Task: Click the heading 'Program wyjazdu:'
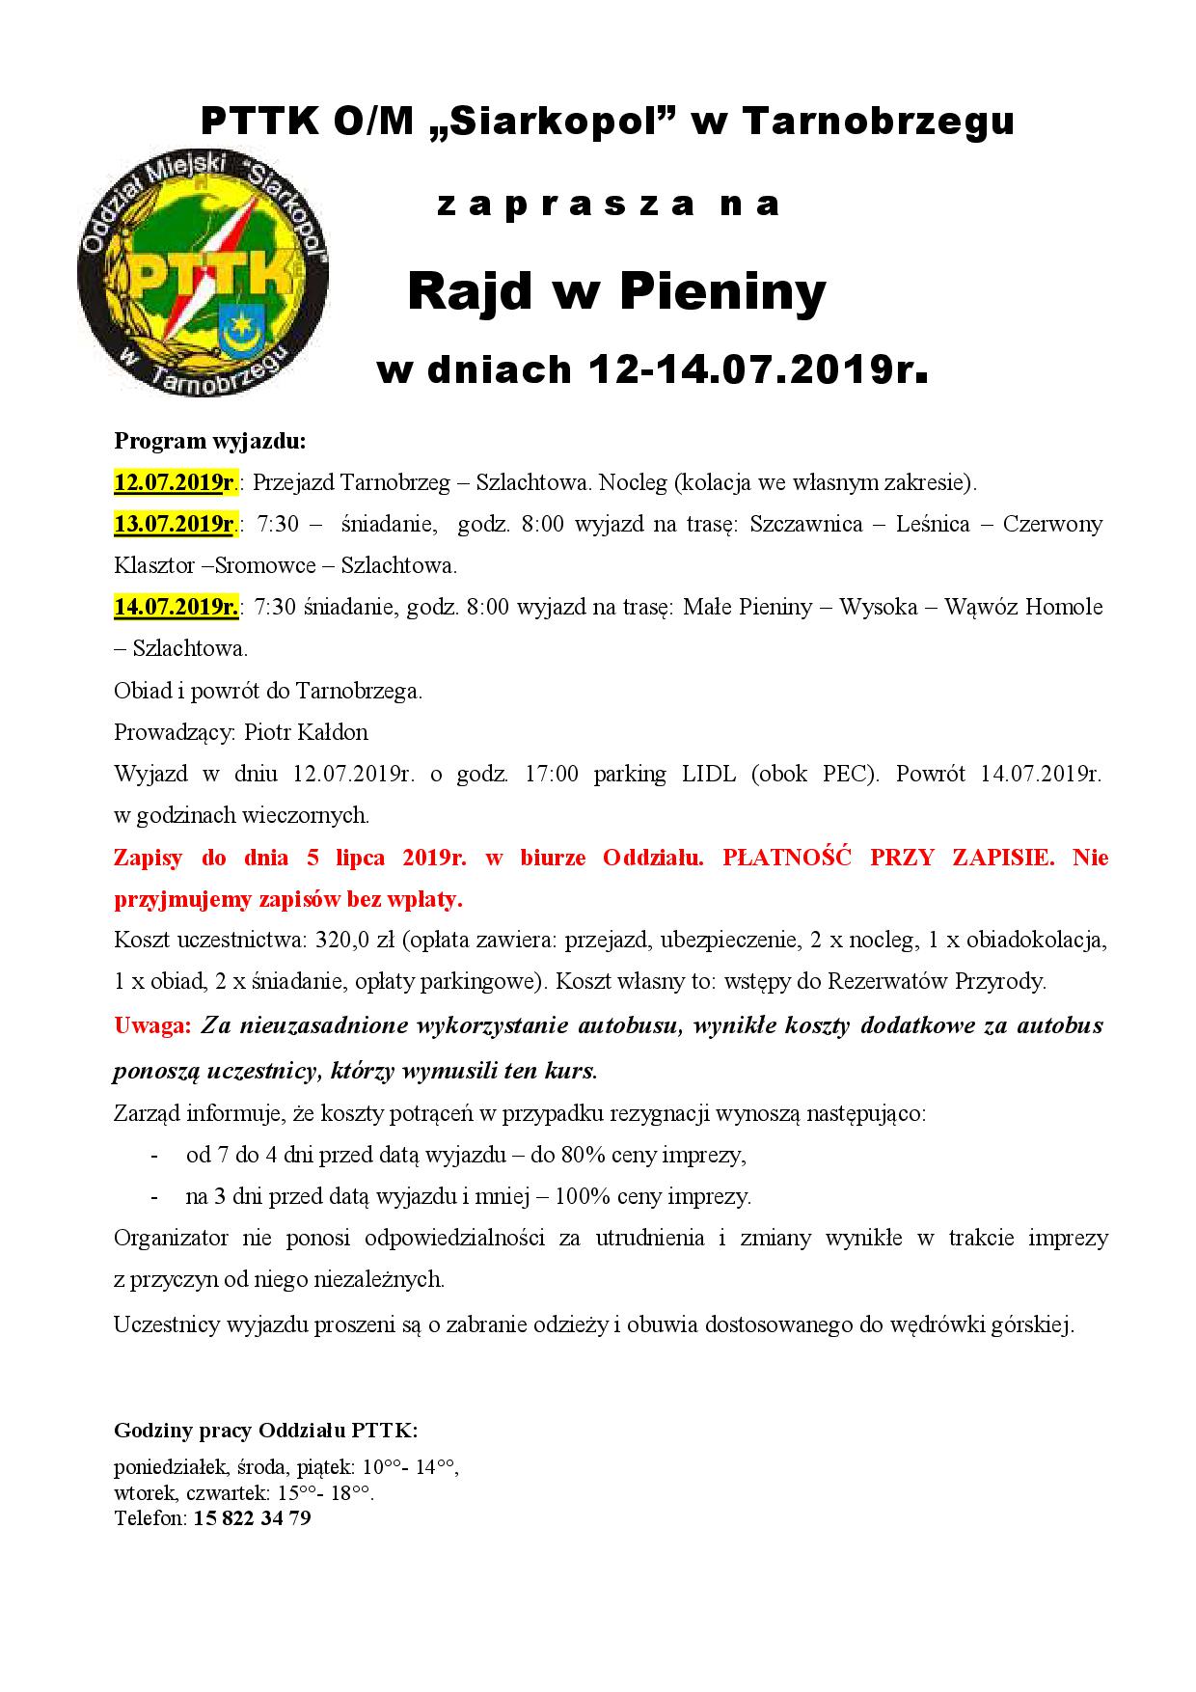[209, 441]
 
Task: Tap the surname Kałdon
[333, 732]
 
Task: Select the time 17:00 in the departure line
[552, 774]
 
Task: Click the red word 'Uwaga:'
[152, 1025]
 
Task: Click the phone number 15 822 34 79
[252, 1518]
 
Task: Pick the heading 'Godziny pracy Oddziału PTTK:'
[265, 1429]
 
